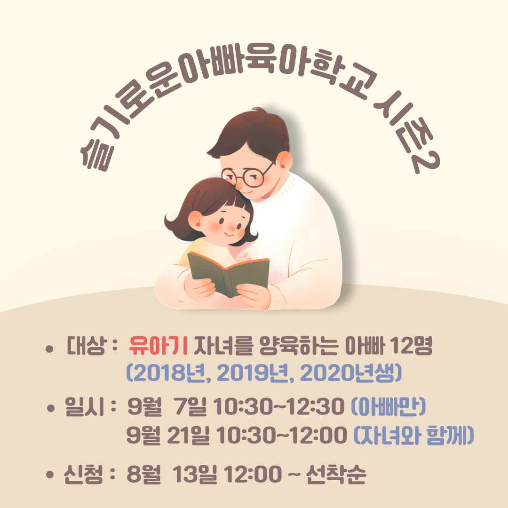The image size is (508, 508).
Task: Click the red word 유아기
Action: [158, 346]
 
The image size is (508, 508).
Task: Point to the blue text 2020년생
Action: [348, 373]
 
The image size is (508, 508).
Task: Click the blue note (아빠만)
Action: [389, 406]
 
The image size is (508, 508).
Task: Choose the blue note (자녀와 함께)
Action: [414, 435]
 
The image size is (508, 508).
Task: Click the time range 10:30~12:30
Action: [278, 406]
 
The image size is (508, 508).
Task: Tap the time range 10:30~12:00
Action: [281, 435]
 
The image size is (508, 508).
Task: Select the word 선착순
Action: [336, 474]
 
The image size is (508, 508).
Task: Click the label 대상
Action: [86, 346]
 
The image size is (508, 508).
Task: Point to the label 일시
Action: [85, 406]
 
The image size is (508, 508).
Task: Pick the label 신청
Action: [83, 474]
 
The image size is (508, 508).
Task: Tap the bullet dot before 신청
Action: [49, 475]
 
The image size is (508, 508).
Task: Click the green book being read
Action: [229, 274]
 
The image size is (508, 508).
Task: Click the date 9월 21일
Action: [167, 435]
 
